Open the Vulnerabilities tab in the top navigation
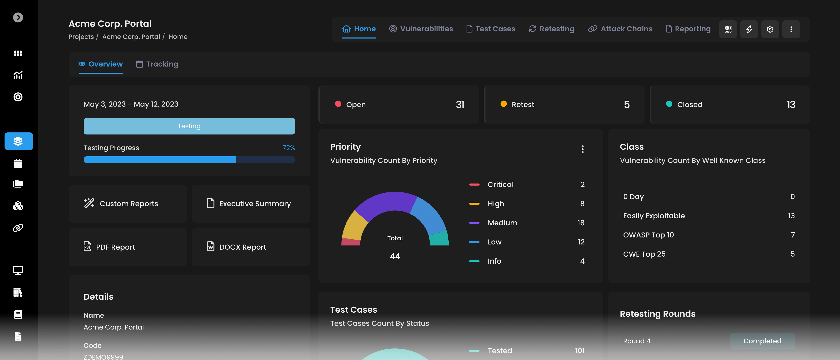tap(421, 29)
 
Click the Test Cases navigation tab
tap(491, 29)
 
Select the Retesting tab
tap(551, 29)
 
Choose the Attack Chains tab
tap(620, 29)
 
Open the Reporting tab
tap(688, 29)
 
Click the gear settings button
tap(770, 29)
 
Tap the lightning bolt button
tap(749, 29)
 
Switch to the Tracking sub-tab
tap(157, 64)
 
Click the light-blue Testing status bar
tap(189, 126)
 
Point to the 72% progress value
tap(288, 148)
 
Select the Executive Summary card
tap(250, 203)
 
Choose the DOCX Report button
tap(250, 247)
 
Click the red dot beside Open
tap(338, 104)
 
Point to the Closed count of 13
tap(791, 104)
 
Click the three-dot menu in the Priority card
tap(582, 149)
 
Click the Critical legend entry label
tap(500, 185)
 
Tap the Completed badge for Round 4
tap(762, 341)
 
